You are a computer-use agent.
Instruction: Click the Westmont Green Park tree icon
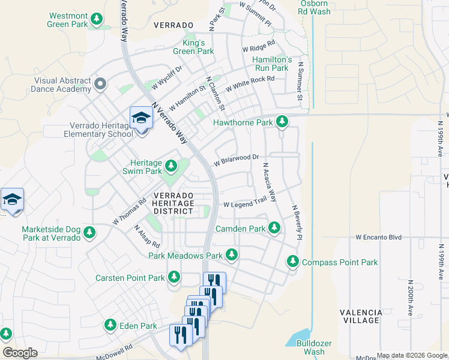[x=97, y=20]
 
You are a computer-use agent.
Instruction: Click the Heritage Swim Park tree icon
[x=171, y=165]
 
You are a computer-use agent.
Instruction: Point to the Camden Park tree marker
[x=274, y=228]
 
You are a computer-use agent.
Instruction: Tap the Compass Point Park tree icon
[x=292, y=262]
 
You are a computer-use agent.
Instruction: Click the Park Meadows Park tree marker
[x=232, y=256]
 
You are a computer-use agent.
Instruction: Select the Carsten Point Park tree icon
[x=173, y=277]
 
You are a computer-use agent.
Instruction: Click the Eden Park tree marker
[x=110, y=325]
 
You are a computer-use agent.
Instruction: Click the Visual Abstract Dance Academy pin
[x=100, y=84]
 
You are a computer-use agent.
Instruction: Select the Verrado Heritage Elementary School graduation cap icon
[x=141, y=118]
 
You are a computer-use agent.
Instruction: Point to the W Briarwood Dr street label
[x=237, y=160]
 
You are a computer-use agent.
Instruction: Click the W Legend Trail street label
[x=244, y=204]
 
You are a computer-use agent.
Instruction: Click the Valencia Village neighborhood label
[x=361, y=317]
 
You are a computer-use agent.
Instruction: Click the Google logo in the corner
[x=20, y=353]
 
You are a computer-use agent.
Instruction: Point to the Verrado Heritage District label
[x=173, y=203]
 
